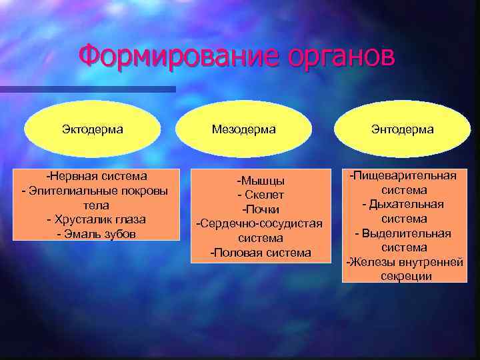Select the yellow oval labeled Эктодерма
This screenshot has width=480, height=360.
93,129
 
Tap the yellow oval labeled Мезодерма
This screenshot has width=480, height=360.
243,129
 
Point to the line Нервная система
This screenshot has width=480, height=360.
97,177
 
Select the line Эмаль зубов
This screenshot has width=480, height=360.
97,233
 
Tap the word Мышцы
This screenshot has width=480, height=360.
261,181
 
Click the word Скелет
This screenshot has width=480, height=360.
264,195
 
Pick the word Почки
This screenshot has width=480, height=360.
261,209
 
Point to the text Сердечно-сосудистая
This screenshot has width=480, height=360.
259,223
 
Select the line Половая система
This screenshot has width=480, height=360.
261,252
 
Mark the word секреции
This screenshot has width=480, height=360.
404,276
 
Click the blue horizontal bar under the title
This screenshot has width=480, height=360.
87,89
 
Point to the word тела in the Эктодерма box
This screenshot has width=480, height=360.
97,205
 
